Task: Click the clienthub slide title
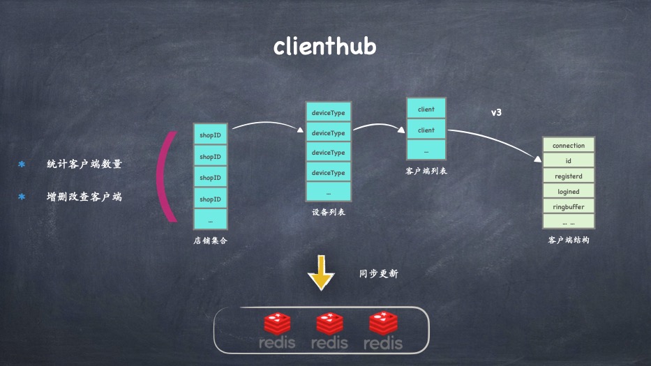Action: (x=324, y=46)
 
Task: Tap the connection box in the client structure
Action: (x=568, y=146)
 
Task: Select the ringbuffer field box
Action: (x=568, y=206)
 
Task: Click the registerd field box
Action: (x=568, y=176)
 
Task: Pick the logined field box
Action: (x=568, y=192)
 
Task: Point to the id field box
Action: (x=568, y=161)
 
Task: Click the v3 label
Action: (x=496, y=112)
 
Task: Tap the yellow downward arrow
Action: (x=321, y=273)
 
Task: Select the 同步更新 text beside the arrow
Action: (x=378, y=274)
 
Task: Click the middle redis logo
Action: (x=329, y=331)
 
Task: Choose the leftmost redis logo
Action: (x=277, y=331)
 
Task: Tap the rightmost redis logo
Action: (x=382, y=331)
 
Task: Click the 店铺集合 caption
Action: (x=210, y=241)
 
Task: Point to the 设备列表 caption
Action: (x=328, y=212)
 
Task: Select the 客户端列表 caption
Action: (x=426, y=170)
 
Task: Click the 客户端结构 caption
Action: (x=568, y=240)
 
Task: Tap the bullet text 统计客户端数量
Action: (x=84, y=164)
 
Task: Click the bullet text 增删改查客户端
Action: (x=84, y=197)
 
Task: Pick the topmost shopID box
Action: (x=210, y=135)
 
